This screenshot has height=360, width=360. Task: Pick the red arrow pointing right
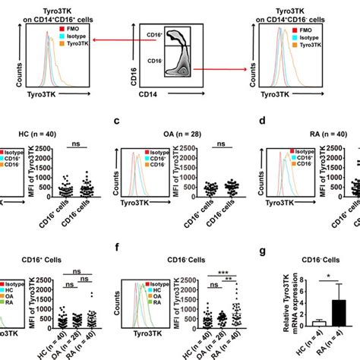(x=220, y=68)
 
